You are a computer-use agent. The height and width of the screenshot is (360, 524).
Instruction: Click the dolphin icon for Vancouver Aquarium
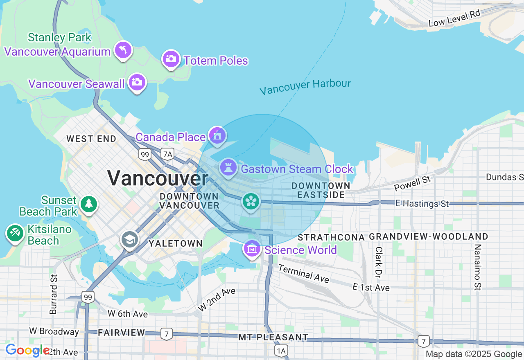pyautogui.click(x=123, y=50)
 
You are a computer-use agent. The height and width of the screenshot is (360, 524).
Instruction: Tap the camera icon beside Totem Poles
pyautogui.click(x=171, y=59)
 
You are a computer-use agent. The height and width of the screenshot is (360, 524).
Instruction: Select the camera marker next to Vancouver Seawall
pyautogui.click(x=137, y=83)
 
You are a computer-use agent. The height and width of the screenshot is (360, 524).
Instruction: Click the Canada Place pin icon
pyautogui.click(x=217, y=135)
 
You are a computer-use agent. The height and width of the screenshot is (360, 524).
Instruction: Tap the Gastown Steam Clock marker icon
pyautogui.click(x=228, y=167)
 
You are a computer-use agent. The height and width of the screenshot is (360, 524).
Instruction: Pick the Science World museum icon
pyautogui.click(x=252, y=248)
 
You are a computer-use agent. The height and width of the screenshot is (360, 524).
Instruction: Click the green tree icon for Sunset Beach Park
pyautogui.click(x=88, y=204)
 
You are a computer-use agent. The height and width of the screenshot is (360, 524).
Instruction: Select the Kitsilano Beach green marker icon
pyautogui.click(x=15, y=233)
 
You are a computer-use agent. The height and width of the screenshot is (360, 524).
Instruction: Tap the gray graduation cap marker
pyautogui.click(x=130, y=240)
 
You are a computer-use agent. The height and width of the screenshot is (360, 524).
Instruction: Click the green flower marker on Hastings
pyautogui.click(x=251, y=201)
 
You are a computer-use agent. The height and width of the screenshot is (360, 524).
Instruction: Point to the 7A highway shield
pyautogui.click(x=167, y=154)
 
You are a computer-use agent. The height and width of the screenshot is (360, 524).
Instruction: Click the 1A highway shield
pyautogui.click(x=281, y=351)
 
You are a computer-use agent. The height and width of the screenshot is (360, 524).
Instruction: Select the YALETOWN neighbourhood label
pyautogui.click(x=176, y=243)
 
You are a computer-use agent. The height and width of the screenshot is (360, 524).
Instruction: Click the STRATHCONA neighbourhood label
pyautogui.click(x=331, y=237)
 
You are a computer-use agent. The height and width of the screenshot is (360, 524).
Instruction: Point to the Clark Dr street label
pyautogui.click(x=379, y=262)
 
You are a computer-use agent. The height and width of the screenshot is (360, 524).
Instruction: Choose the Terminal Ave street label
pyautogui.click(x=304, y=273)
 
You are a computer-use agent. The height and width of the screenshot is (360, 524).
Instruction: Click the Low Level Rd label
pyautogui.click(x=454, y=18)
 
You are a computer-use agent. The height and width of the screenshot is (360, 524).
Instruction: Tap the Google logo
pyautogui.click(x=27, y=351)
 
